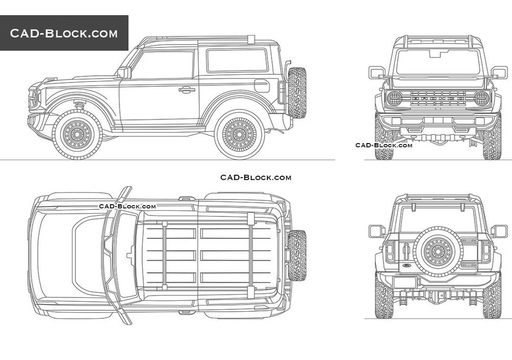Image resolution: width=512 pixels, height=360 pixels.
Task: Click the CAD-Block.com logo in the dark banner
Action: [x=64, y=33]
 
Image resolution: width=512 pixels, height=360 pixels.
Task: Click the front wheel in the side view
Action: [x=77, y=134]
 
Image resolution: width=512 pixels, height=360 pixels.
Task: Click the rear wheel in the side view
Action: [x=239, y=134]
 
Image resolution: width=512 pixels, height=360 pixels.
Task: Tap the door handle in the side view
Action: [x=187, y=90]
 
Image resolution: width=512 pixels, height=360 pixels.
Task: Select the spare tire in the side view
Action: [x=297, y=93]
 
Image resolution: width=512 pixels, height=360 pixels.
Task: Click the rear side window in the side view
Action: [x=237, y=60]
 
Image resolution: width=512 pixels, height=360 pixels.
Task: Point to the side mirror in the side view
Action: [x=124, y=72]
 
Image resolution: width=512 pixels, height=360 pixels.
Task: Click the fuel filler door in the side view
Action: [x=262, y=86]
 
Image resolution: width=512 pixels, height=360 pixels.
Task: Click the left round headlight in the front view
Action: [x=394, y=98]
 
